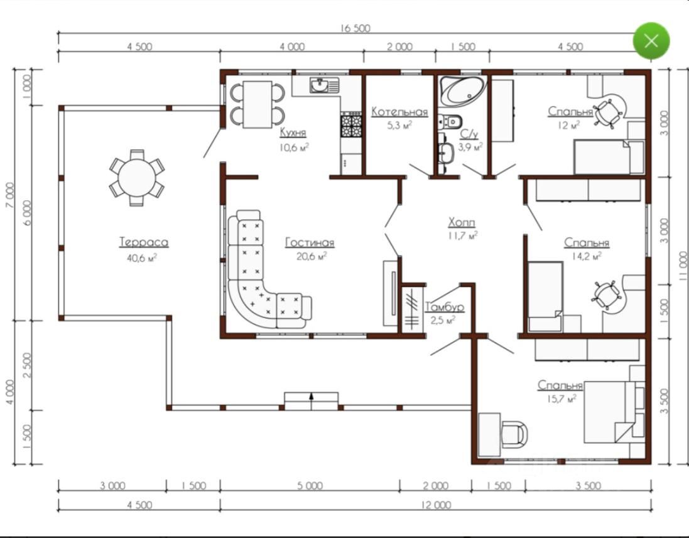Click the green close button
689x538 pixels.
pos(651,41)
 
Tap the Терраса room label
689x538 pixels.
pos(144,242)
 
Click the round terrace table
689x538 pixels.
pos(137,178)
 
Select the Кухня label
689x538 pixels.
pos(293,132)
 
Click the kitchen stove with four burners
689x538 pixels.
pos(351,124)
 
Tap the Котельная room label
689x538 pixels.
pos(399,112)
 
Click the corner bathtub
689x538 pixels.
pos(463,91)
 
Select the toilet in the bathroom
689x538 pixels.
pos(450,121)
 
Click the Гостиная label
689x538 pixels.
pos(310,242)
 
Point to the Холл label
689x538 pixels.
pos(462,222)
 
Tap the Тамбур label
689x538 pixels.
pos(444,307)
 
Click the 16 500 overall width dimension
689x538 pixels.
pos(355,28)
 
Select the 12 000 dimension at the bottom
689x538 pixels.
pos(436,505)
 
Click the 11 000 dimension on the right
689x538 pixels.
pos(683,266)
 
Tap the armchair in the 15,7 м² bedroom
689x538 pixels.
pos(514,434)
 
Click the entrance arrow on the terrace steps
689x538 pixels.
pos(312,397)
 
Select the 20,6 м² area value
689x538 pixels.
pos(311,256)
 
